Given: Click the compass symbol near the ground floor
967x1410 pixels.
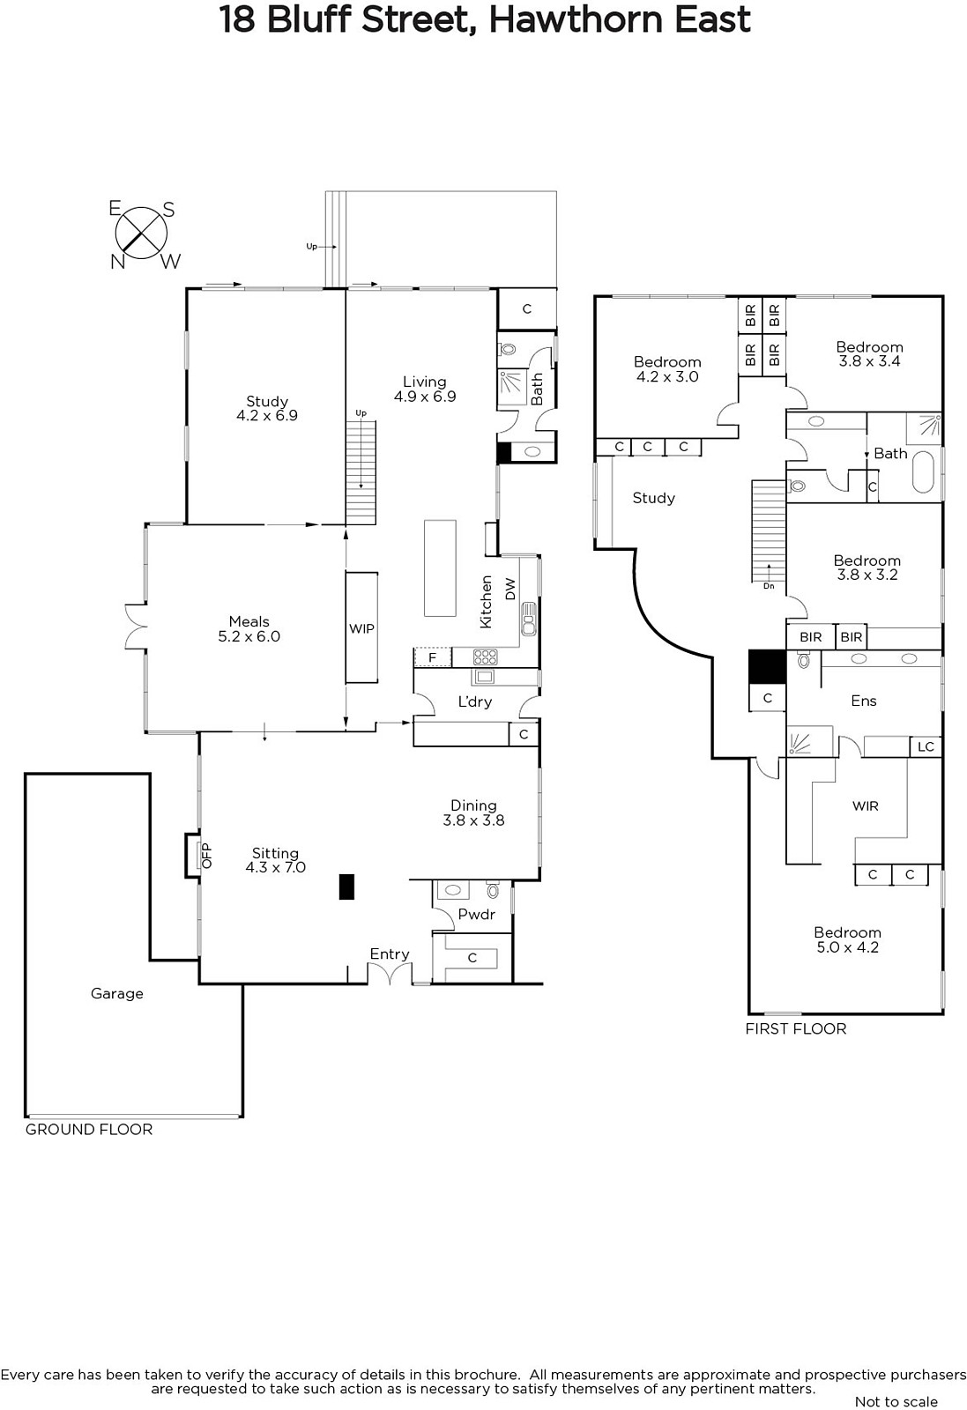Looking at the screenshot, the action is coord(142,234).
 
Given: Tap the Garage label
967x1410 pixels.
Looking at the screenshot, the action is coord(117,993).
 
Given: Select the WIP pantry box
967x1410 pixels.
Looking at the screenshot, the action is coord(361,627).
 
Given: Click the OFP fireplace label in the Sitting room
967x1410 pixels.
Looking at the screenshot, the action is coord(206,856).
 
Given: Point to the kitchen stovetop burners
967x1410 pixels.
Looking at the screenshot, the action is coord(486,657).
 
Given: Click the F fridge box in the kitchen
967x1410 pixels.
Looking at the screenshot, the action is coord(433,657).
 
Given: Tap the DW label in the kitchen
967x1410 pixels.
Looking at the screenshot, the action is coord(510,590).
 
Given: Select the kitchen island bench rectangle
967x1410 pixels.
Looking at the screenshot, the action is coord(440,568).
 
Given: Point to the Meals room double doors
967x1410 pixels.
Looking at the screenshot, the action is coord(137,627).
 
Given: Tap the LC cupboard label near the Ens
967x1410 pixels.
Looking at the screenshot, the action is coord(926,746).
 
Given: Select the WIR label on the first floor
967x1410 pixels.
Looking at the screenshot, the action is coord(865,805).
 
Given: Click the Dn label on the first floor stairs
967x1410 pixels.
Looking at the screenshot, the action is coord(769,585).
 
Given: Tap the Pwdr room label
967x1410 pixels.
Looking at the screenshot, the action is coord(477,914).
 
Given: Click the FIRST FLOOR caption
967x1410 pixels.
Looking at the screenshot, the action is coord(796,1028).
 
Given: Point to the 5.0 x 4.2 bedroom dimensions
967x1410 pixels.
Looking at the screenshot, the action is coord(847,947).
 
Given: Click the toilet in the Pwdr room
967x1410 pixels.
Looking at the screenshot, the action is coord(492,890).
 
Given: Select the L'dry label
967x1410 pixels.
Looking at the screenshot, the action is coord(475,701).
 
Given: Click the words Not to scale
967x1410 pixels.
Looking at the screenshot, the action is coord(896,1401).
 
